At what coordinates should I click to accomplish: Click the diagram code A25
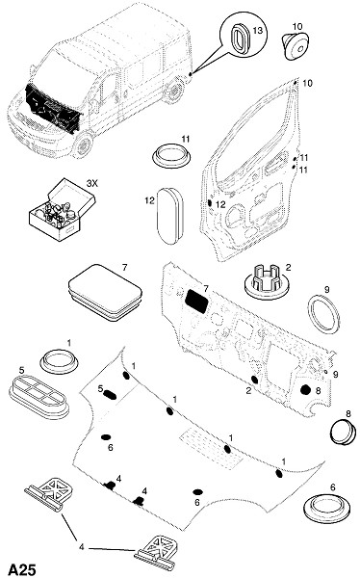tap(22, 569)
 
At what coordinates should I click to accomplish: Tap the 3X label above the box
tap(91, 183)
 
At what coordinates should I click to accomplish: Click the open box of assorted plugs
tap(62, 209)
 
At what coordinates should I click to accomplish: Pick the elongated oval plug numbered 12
tap(169, 216)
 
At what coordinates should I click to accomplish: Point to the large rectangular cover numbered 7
tap(105, 292)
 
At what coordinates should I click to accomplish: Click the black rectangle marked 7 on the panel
tap(196, 301)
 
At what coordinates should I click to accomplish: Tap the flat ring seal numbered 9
tap(323, 314)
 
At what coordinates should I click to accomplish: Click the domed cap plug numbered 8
tap(343, 433)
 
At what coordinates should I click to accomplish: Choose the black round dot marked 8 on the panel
tap(305, 389)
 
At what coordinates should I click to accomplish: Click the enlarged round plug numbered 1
tap(59, 361)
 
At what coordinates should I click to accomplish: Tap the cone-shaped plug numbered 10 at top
tap(296, 45)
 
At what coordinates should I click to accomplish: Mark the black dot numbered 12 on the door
tap(210, 202)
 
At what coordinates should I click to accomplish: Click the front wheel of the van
tap(83, 144)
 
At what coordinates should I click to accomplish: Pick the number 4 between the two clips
tap(82, 547)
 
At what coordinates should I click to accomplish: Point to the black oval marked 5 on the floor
tap(110, 395)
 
